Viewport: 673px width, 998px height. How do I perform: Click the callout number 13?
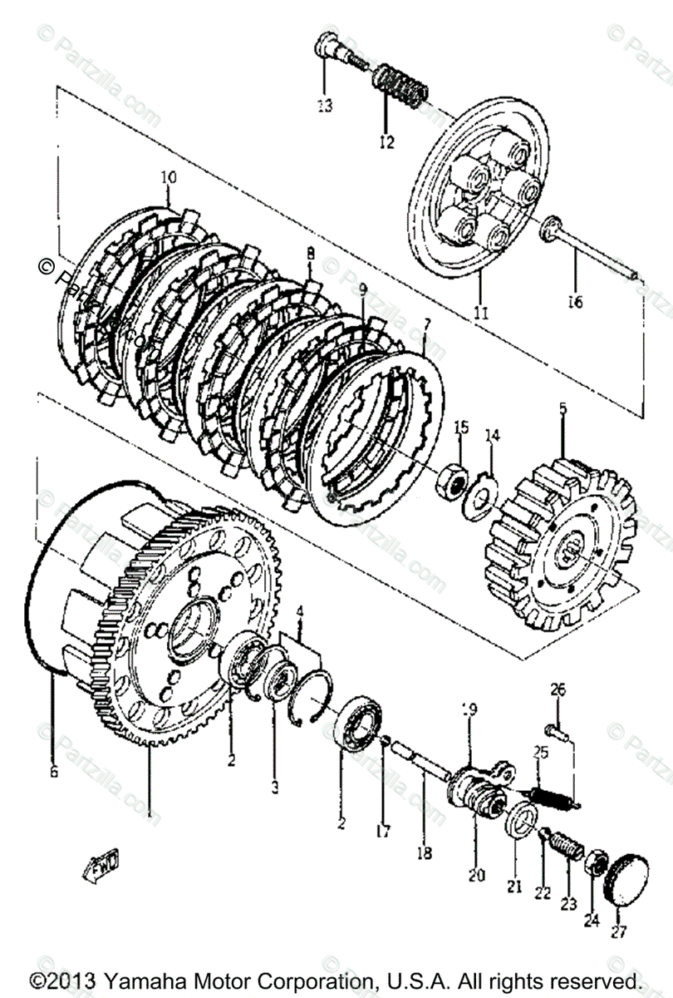pos(323,106)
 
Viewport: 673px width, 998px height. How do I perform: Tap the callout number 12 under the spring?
pos(386,142)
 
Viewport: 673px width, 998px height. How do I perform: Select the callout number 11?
pos(481,313)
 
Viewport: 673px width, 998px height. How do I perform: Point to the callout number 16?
pos(575,302)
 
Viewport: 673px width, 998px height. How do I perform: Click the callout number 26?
pos(558,689)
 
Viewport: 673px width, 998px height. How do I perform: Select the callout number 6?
pos(54,772)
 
